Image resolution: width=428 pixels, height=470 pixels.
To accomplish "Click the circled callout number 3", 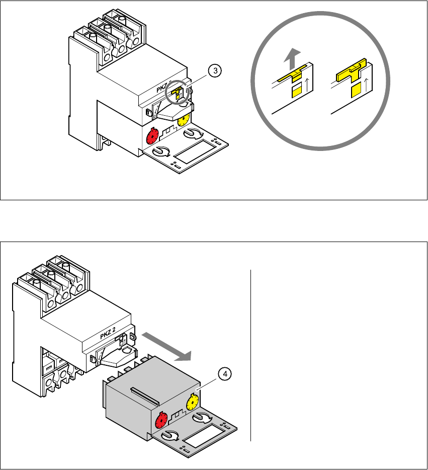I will [x=215, y=71].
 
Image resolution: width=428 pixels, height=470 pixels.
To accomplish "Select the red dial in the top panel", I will [x=152, y=136].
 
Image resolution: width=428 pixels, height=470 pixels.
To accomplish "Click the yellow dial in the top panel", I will [x=184, y=120].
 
